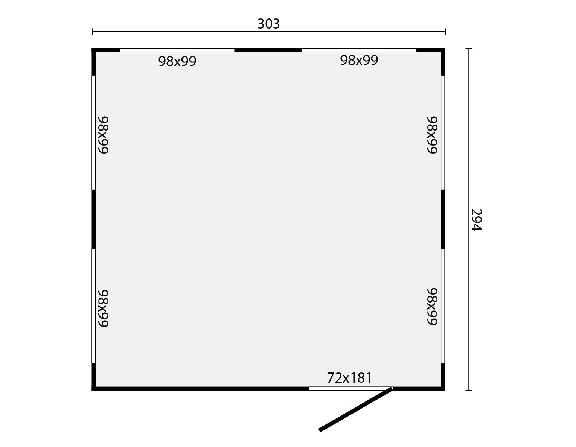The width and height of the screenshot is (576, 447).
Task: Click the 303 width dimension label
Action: click(268, 24)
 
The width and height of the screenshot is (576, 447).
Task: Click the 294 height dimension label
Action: click(476, 220)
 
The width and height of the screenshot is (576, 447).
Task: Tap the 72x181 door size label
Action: click(350, 378)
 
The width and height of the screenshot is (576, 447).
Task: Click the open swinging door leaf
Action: click(356, 410)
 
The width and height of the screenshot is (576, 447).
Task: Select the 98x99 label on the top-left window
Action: click(177, 61)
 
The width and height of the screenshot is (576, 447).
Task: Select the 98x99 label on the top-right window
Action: click(359, 60)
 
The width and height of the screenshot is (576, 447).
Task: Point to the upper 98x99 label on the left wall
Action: click(104, 135)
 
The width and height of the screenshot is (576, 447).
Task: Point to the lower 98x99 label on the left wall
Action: click(104, 309)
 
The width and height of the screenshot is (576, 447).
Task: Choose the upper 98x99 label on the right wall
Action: click(432, 135)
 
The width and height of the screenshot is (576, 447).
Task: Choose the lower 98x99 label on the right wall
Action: click(432, 306)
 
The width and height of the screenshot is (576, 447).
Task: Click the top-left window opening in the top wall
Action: click(177, 50)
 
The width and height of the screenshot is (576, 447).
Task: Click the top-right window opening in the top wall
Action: click(359, 50)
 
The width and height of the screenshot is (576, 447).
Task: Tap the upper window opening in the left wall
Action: click(94, 133)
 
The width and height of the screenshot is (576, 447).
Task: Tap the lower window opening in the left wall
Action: click(94, 306)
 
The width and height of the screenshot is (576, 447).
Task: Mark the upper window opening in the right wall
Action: click(443, 133)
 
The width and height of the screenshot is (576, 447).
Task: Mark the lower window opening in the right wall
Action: click(443, 306)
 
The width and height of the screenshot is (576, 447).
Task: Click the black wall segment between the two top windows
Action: click(268, 50)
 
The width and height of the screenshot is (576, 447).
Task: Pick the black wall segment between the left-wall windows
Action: click(94, 219)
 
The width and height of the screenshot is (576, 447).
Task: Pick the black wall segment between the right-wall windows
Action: click(443, 219)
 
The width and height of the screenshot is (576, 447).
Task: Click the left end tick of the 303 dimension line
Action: click(93, 32)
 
